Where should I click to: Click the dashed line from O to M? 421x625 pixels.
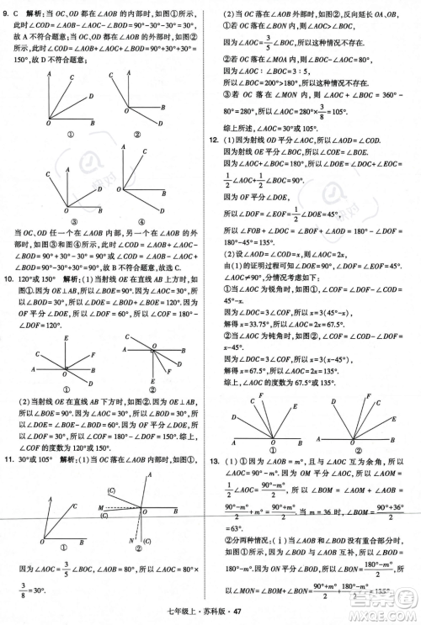[121, 507]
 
